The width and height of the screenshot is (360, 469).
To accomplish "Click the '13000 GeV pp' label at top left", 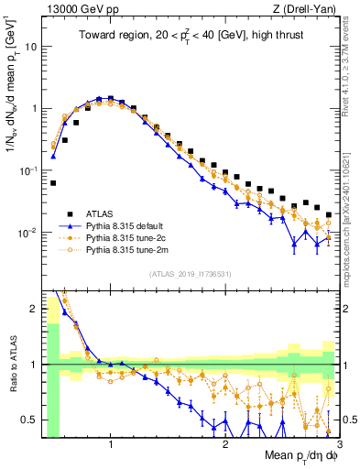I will point(80,9).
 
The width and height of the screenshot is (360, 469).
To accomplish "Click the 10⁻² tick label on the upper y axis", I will point(30,233).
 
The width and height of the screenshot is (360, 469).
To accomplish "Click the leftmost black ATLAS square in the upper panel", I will point(53,183).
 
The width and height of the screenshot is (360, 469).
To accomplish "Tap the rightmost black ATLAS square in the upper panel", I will point(329,214).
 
